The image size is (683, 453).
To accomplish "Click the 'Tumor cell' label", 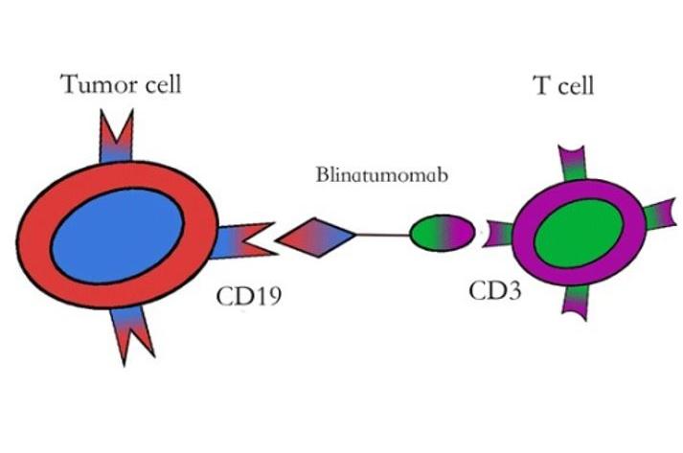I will [122, 84].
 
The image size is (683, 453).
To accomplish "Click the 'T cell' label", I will [563, 86].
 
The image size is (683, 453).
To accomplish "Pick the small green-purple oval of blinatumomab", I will [443, 232].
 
